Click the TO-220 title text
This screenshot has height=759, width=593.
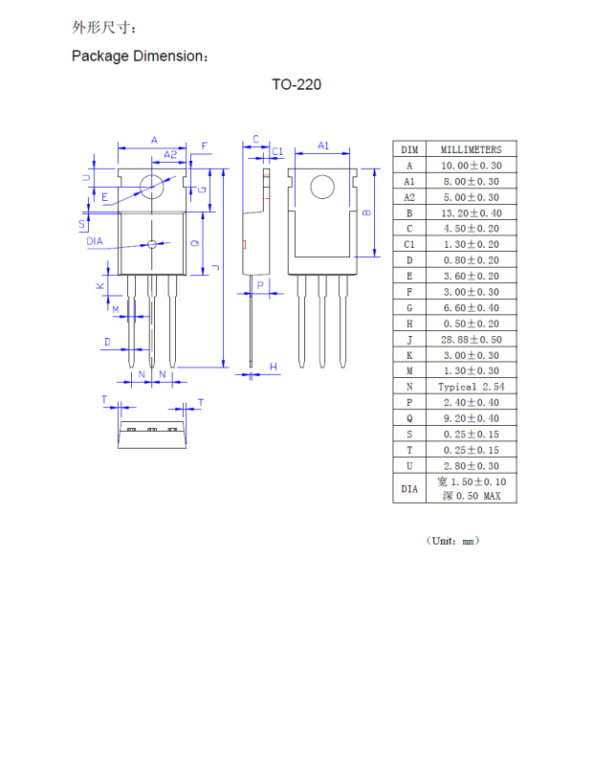[x=296, y=85]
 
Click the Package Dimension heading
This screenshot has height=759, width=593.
[x=140, y=56]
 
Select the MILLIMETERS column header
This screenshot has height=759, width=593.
[x=471, y=149]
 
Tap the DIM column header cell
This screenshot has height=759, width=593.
[x=409, y=149]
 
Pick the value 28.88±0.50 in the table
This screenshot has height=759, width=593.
[x=471, y=339]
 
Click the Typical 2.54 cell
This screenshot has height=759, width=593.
[x=471, y=387]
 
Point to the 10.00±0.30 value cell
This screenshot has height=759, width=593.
[x=471, y=166]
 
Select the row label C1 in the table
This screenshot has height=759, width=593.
[x=409, y=244]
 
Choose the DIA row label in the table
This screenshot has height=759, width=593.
[x=409, y=488]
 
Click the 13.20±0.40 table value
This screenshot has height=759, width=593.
[x=471, y=212]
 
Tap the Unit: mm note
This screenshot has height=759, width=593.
[x=451, y=541]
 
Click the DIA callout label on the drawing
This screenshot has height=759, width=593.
[x=94, y=242]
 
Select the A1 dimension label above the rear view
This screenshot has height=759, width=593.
[x=323, y=145]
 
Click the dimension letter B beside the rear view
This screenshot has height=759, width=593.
[x=366, y=212]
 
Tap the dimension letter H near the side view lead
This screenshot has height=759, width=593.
[x=273, y=367]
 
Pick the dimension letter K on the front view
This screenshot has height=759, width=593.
[x=99, y=286]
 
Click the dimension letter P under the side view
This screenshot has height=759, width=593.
[x=259, y=285]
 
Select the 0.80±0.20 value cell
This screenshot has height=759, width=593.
[x=471, y=260]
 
